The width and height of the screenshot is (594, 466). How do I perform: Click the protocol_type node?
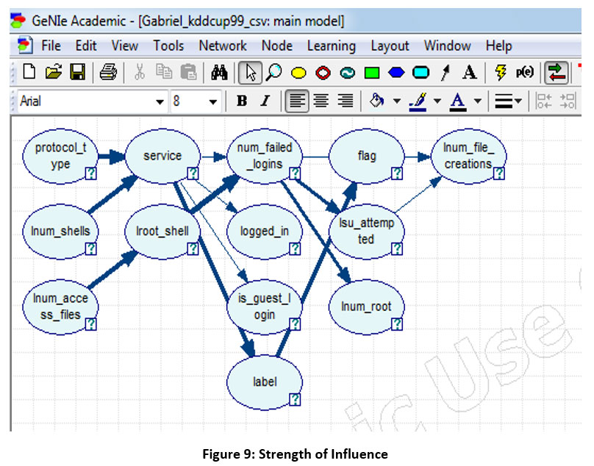pyautogui.click(x=60, y=156)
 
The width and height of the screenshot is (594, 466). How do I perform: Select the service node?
pyautogui.click(x=162, y=156)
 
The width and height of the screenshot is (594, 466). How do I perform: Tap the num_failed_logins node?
pyautogui.click(x=265, y=156)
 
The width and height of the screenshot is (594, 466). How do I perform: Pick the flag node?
pyautogui.click(x=366, y=156)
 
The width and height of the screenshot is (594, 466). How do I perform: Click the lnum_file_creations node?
pyautogui.click(x=468, y=156)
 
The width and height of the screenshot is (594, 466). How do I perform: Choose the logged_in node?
pyautogui.click(x=265, y=231)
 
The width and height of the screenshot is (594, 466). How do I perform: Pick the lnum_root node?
pyautogui.click(x=366, y=306)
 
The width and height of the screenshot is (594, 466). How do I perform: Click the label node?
pyautogui.click(x=265, y=381)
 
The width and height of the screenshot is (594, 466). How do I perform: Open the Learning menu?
pyautogui.click(x=332, y=46)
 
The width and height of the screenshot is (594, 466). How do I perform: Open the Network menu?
pyautogui.click(x=223, y=46)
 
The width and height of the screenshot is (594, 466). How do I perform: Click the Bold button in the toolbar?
pyautogui.click(x=241, y=101)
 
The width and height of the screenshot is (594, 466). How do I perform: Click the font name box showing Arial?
pyautogui.click(x=85, y=101)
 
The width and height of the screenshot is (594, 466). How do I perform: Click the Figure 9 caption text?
pyautogui.click(x=295, y=454)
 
